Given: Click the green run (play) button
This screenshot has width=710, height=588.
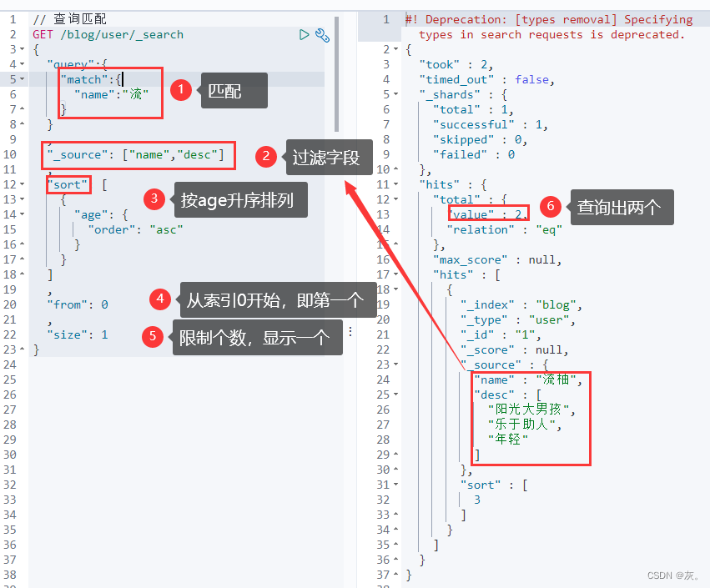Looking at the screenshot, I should [305, 34].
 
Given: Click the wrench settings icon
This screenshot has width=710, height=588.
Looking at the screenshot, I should [322, 35].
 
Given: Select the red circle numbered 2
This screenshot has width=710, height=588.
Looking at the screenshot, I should [266, 156].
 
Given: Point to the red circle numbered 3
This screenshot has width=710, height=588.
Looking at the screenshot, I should [154, 199].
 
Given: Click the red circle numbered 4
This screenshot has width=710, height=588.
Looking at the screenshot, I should [160, 299].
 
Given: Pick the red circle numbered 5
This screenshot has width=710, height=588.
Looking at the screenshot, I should [152, 336].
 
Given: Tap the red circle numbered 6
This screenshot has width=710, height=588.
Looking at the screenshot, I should [548, 205].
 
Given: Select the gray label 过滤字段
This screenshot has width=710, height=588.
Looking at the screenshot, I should [326, 157].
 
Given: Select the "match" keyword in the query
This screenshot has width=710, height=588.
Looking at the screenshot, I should [86, 79].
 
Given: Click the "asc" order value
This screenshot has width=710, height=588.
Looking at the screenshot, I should [166, 229].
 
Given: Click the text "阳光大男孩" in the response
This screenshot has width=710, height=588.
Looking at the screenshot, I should [531, 409].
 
